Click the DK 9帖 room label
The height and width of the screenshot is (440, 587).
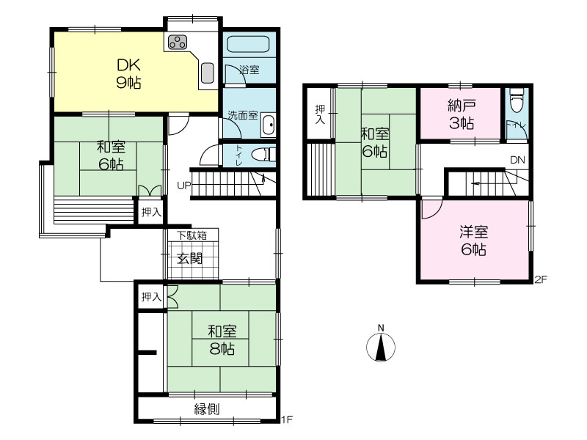coord(129,74)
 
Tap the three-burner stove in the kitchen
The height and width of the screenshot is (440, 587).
coord(178,42)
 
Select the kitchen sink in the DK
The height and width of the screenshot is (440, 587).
coord(208,73)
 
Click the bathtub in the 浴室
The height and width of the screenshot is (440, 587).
coord(248,45)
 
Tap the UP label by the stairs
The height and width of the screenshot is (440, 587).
coord(184,186)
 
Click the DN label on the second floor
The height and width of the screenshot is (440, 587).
coord(518,160)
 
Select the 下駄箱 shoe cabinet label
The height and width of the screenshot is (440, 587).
coord(192,235)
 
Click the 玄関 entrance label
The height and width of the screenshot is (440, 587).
coord(190,259)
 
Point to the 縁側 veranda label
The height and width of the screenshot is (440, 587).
coord(207,409)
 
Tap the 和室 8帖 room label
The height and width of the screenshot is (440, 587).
coord(222,340)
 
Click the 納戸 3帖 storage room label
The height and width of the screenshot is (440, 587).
coord(462,114)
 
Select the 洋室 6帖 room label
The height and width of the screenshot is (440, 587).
coord(474,241)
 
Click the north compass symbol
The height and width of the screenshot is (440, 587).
coord(381,345)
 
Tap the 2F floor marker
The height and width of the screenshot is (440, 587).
coord(541,279)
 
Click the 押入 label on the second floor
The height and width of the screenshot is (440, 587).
coord(320,114)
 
